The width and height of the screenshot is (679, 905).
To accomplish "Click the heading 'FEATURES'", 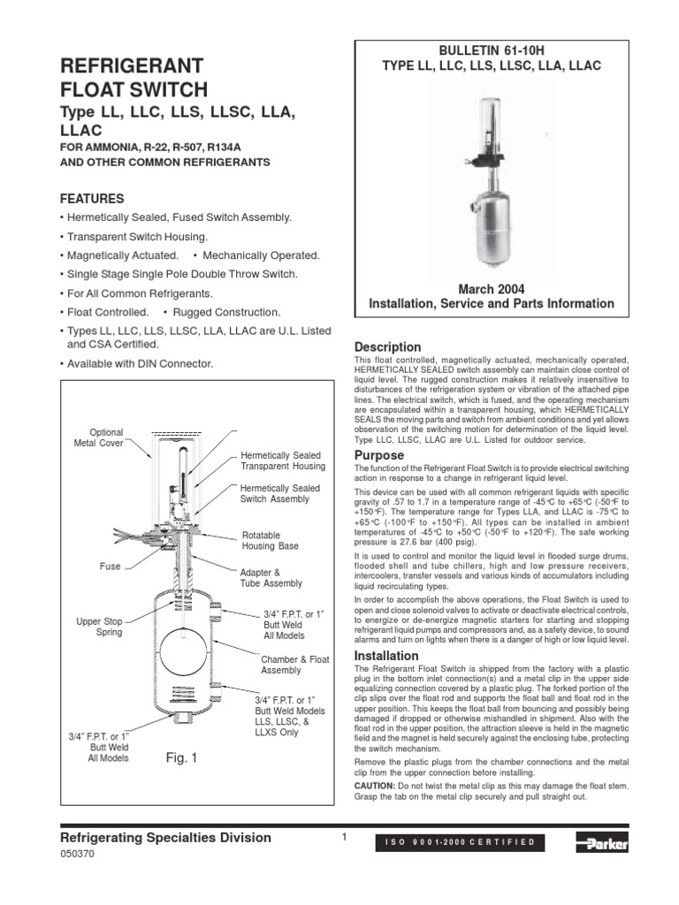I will [91, 198].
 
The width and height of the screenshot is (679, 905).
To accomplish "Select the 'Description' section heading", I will [387, 346].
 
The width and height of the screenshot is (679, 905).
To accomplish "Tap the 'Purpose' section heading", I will [378, 455].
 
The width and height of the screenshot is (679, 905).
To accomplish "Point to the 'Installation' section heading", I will [385, 656].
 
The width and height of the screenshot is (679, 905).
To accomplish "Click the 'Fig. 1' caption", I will [183, 757].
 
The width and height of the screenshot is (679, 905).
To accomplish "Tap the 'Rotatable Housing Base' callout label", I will [270, 541].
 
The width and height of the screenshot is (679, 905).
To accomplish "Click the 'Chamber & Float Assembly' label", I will [294, 665].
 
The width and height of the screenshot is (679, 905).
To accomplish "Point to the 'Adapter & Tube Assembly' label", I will [271, 578].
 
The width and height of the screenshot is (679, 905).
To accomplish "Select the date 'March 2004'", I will [491, 289].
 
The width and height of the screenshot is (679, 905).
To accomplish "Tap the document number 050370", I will [76, 857].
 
